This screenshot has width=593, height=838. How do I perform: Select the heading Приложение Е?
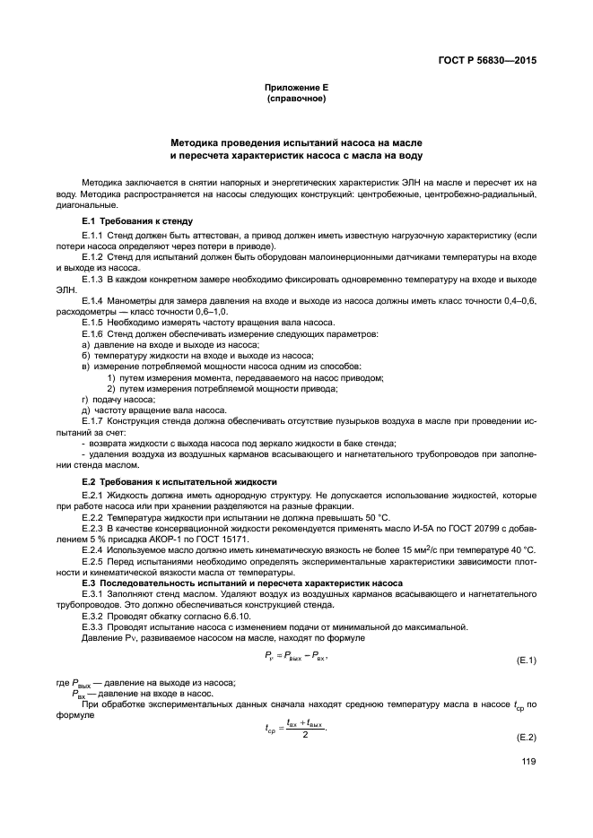click(296, 88)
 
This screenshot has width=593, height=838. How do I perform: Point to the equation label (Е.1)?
click(524, 661)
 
